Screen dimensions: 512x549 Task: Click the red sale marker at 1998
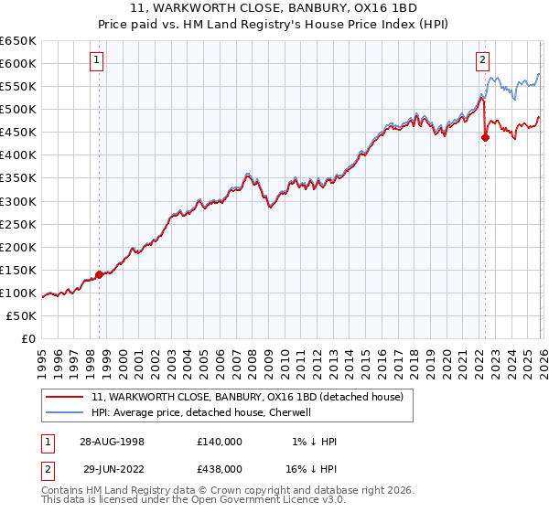(x=99, y=274)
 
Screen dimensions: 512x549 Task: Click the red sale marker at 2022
(x=485, y=138)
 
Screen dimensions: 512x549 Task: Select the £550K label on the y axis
(x=18, y=87)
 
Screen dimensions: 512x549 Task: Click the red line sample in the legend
(x=65, y=397)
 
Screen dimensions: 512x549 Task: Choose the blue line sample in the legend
(x=65, y=412)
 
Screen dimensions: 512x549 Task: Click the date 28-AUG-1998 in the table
(x=113, y=442)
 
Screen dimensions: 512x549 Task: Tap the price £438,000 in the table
(x=219, y=468)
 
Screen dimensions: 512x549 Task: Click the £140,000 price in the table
(x=219, y=442)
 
